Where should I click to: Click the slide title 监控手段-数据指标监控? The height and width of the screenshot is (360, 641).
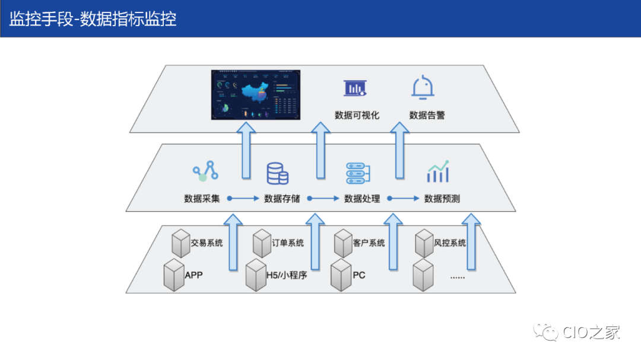(x=93, y=18)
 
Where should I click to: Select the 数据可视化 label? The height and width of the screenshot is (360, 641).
(x=357, y=115)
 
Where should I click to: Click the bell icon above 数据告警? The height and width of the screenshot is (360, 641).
(x=423, y=87)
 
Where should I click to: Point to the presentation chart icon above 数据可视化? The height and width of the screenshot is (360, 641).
(x=355, y=88)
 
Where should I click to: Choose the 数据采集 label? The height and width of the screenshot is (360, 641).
(x=202, y=199)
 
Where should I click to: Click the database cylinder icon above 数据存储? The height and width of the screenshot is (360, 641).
(x=277, y=173)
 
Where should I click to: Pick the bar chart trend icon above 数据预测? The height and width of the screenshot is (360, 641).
(x=438, y=172)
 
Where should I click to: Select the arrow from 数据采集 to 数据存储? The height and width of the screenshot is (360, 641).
(x=242, y=199)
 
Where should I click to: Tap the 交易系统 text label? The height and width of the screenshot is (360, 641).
(x=207, y=243)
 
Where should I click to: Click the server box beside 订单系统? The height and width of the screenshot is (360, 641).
(x=262, y=244)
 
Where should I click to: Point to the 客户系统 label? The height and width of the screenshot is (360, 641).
(x=369, y=243)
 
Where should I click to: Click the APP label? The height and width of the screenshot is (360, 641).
(x=193, y=275)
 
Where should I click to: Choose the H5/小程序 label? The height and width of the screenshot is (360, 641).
(x=286, y=275)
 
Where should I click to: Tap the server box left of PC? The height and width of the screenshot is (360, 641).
(x=341, y=275)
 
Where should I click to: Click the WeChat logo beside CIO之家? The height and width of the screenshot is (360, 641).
(x=547, y=332)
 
